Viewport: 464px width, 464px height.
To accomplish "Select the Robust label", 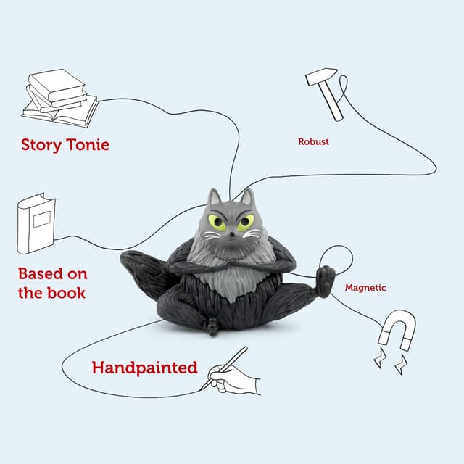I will click(313, 142).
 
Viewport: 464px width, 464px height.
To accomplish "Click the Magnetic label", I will click(365, 288).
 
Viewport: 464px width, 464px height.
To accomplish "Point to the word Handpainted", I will click(144, 368).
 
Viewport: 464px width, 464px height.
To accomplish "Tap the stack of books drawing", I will click(59, 98).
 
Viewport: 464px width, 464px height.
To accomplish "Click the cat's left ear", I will click(214, 196).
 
